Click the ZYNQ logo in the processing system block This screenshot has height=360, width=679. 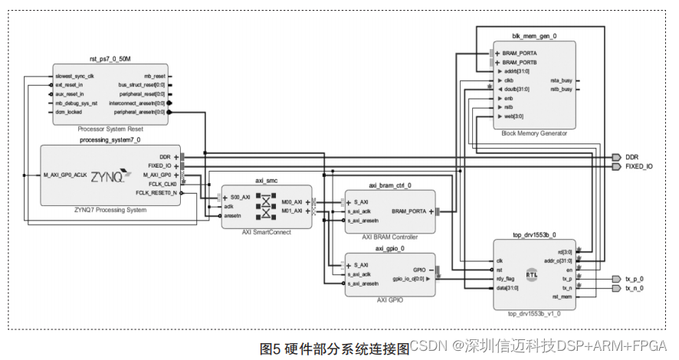click(107, 176)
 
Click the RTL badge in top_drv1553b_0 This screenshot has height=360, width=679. click(531, 273)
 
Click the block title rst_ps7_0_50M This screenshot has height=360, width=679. click(110, 59)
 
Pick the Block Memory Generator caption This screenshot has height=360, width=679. click(534, 133)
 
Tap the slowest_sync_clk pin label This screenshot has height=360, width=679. click(74, 77)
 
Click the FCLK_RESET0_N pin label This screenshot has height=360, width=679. click(157, 193)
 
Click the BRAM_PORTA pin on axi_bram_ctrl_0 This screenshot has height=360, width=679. click(410, 211)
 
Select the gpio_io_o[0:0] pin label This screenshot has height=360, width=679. click(408, 279)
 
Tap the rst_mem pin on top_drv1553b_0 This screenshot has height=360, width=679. click(562, 296)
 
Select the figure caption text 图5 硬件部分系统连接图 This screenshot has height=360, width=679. click(335, 349)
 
